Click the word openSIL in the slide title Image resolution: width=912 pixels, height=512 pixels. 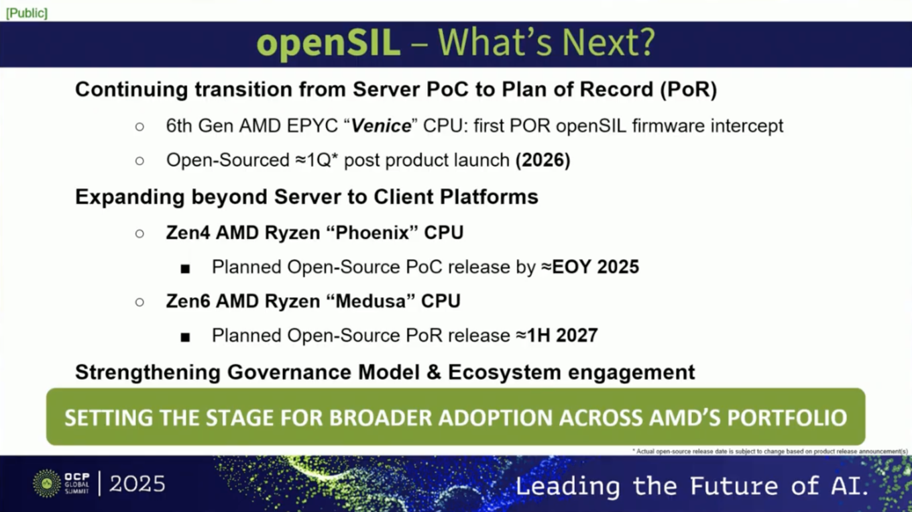pos(328,43)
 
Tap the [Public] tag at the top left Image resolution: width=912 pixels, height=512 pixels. pos(27,13)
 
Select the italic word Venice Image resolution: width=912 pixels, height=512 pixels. pos(381,125)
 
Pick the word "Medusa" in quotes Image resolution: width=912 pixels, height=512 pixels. pos(367,301)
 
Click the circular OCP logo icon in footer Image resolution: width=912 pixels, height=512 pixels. pos(46,483)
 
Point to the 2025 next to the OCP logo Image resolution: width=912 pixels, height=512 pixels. pos(137,484)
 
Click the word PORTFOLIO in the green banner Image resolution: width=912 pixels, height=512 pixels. pos(787,417)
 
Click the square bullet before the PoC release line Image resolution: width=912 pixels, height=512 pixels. pos(186,268)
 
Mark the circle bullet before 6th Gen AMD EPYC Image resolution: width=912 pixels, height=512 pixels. pos(139,126)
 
